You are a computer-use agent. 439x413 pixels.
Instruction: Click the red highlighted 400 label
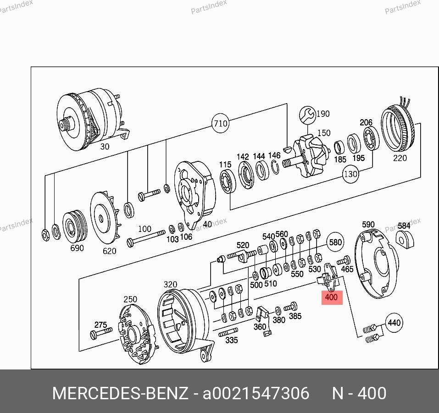tap(332, 297)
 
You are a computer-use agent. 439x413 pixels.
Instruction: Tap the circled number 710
tap(221, 123)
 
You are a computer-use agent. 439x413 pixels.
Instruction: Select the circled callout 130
tap(350, 174)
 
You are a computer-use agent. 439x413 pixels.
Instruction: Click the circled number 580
tap(335, 242)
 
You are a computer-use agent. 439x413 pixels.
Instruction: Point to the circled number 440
tap(394, 323)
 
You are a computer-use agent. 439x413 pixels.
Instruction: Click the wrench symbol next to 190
tap(307, 115)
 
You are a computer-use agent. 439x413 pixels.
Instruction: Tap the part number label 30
tap(105, 146)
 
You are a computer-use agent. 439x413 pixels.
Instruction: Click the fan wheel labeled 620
tap(105, 217)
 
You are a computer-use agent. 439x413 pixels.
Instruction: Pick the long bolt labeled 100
tap(146, 237)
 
